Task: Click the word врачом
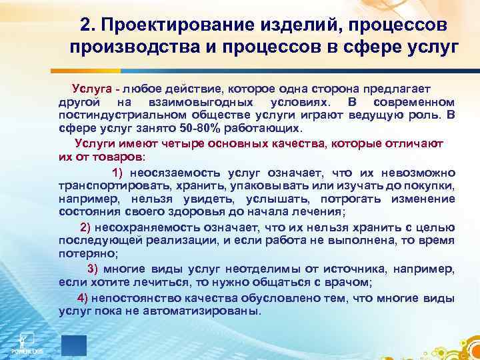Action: (x=349, y=282)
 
